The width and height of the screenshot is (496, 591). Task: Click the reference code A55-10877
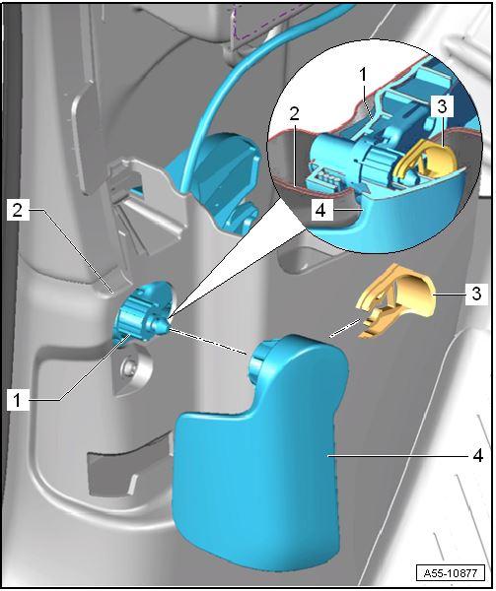450,573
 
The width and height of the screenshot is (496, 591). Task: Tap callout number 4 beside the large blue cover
478,456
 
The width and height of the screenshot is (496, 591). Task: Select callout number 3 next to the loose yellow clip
476,294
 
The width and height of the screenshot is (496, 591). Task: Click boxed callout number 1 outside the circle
18,400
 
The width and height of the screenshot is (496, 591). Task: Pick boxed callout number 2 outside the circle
18,210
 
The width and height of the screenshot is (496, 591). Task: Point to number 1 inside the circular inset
363,75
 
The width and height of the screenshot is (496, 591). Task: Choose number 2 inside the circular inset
295,113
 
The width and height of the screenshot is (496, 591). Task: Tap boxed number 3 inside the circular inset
442,106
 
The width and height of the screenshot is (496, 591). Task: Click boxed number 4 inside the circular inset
320,210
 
